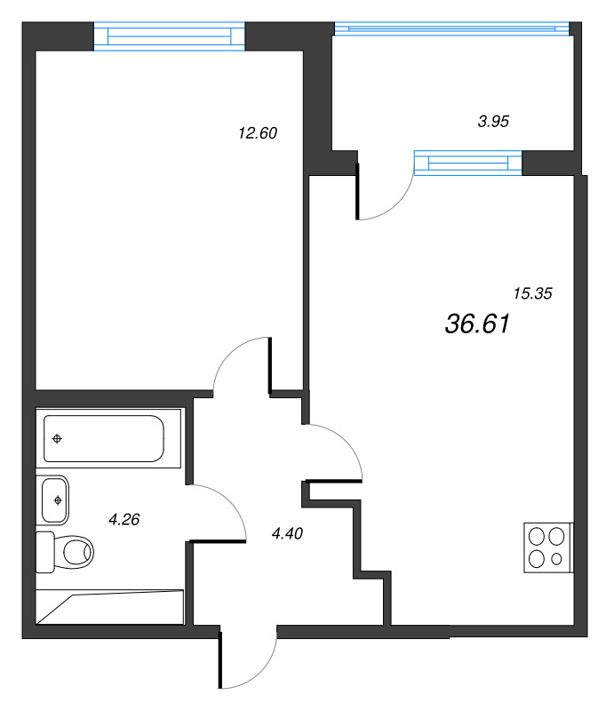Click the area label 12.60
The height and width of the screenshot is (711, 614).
tap(259, 133)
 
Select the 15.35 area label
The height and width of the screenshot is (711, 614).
tap(533, 293)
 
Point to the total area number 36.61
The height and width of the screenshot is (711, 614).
tap(476, 325)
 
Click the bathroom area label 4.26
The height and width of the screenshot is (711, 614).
tap(125, 520)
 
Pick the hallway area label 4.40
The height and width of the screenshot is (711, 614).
tap(289, 533)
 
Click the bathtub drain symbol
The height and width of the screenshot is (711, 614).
tap(58, 438)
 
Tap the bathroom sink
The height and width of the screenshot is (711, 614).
tap(55, 499)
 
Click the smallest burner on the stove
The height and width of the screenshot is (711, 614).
tap(556, 560)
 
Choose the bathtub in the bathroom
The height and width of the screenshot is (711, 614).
tap(104, 438)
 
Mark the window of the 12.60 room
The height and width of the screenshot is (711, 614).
tap(169, 36)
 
